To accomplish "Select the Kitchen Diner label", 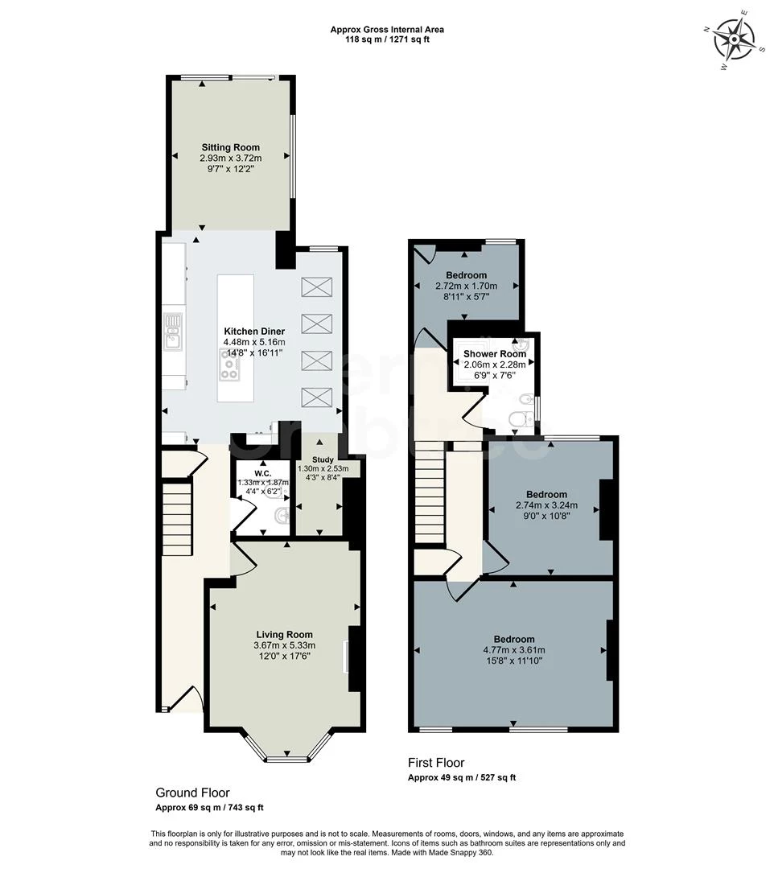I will coord(254,332).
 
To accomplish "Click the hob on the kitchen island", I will coord(229,368).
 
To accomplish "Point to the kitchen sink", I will coord(174,332).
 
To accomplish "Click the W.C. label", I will coord(261,472).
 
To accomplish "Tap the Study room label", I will coord(322,459).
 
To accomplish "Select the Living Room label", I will coord(284,634).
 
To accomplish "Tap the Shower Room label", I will coord(494,354).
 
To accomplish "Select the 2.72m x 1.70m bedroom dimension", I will coord(466,286).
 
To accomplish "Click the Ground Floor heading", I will coord(192,793).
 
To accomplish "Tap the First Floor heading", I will coord(435,763).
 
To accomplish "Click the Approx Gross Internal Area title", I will coord(386,30).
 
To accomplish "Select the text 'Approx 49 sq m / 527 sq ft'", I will coord(462,778).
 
